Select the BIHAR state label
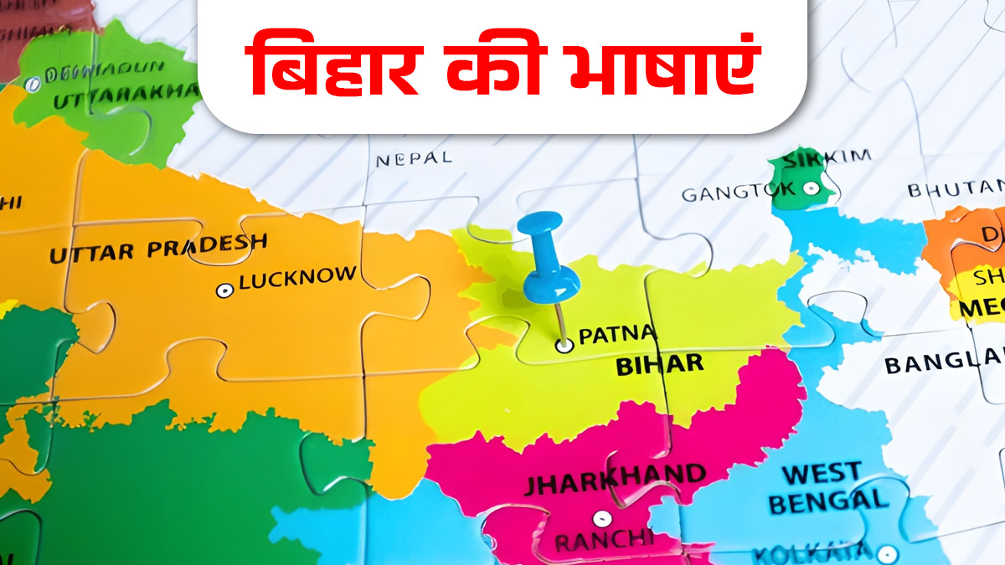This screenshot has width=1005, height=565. click(x=660, y=365)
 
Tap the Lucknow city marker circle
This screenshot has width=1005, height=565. click(x=224, y=290)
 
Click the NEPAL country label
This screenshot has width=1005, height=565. click(x=414, y=158)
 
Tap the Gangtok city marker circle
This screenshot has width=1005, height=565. click(x=811, y=188)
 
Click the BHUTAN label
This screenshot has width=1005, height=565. click(x=956, y=188)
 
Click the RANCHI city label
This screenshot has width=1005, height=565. click(x=603, y=541)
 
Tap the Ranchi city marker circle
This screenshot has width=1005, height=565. click(x=600, y=518)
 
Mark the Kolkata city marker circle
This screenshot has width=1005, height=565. click(x=888, y=554)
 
